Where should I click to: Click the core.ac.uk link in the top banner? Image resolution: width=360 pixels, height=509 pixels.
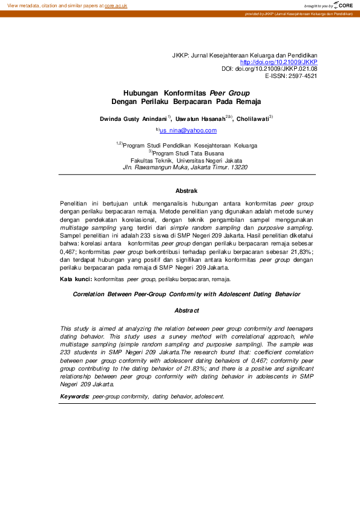tap(116, 5)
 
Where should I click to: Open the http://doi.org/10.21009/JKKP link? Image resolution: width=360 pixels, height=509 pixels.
tap(279, 62)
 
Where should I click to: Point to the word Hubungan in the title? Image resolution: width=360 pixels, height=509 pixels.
tap(140, 94)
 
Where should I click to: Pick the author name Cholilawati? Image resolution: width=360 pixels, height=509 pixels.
tap(252, 120)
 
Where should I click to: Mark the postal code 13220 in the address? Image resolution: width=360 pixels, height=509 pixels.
tap(236, 167)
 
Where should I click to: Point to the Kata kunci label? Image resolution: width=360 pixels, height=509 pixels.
tap(76, 280)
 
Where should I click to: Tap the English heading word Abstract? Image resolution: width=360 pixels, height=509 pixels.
tap(186, 310)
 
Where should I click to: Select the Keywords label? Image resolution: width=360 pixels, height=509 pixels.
tap(75, 397)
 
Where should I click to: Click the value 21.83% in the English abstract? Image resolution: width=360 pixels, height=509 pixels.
tap(165, 368)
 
